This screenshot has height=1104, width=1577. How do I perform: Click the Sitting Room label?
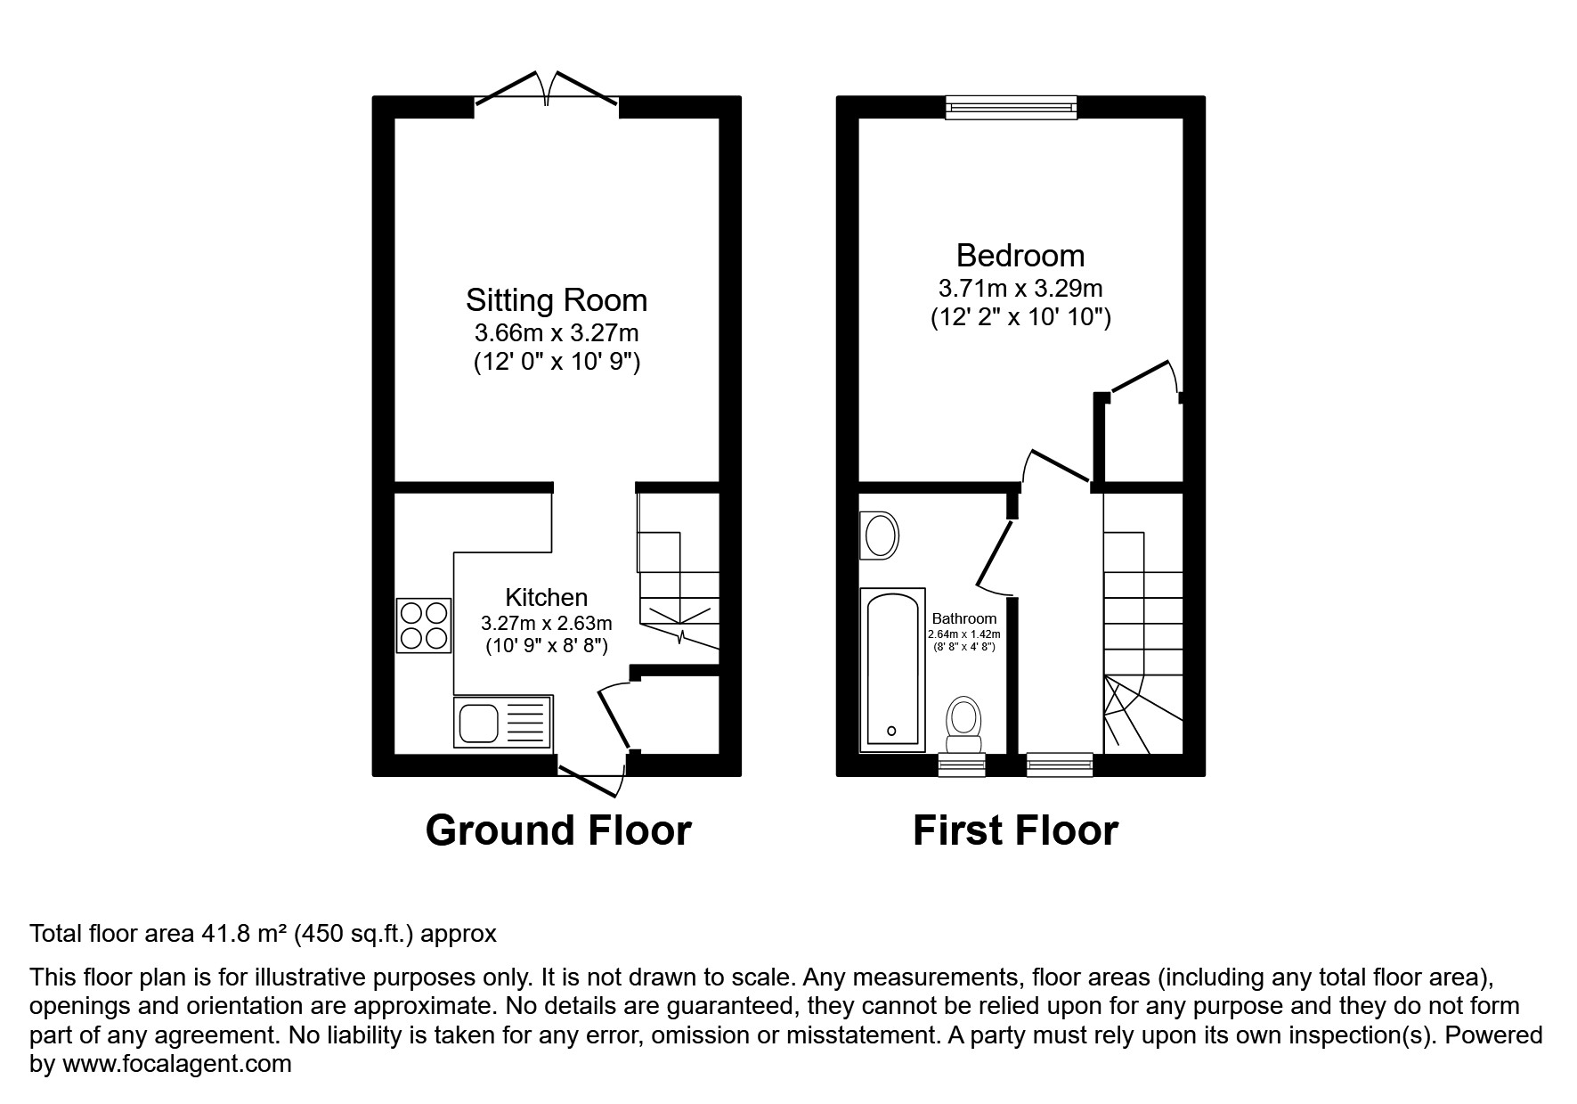[x=557, y=300]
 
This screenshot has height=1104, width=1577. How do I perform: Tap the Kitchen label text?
[x=546, y=597]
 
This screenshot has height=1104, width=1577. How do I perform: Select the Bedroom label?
[x=1020, y=256]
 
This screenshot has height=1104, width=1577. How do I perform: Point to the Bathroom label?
[x=963, y=618]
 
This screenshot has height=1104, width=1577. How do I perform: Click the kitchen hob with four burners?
[x=424, y=626]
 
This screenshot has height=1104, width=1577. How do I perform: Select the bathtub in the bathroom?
[x=892, y=669]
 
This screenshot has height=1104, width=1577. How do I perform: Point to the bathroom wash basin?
[x=880, y=536]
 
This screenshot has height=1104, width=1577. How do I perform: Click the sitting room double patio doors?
[x=546, y=94]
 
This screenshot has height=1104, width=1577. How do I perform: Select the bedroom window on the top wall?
[x=1011, y=108]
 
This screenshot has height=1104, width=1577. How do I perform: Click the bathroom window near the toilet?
[x=962, y=764]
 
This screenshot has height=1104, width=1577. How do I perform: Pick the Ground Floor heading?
[x=558, y=830]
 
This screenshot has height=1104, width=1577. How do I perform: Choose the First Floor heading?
[x=1015, y=830]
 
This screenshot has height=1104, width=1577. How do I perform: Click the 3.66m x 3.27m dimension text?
[x=557, y=333]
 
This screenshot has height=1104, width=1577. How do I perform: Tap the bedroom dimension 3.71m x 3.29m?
[x=1020, y=289]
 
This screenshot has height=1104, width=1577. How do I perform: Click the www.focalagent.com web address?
[x=176, y=1064]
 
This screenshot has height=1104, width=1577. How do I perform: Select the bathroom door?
[x=994, y=557]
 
